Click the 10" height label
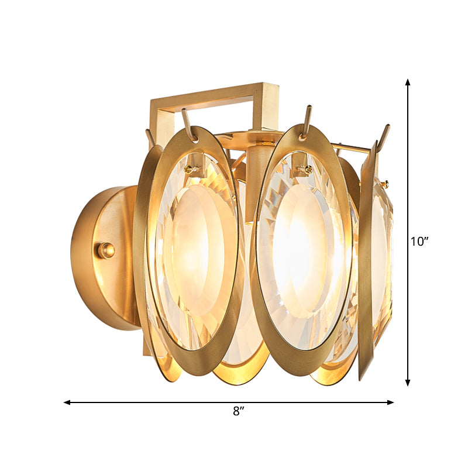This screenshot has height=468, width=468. coord(419,242)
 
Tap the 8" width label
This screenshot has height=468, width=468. coord(238,411)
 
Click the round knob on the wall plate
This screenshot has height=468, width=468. coord(106,250)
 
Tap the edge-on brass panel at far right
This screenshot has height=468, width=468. coord(367,263)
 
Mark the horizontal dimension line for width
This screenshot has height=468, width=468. coord(175,402)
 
